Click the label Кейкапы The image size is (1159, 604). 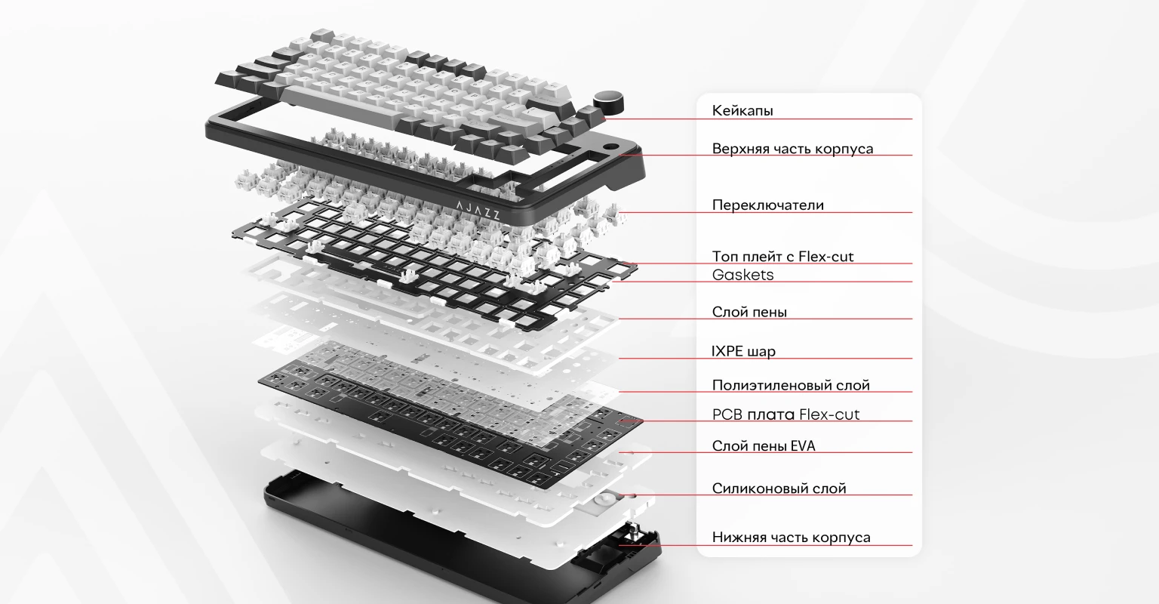click(x=742, y=110)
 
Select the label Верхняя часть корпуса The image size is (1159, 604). click(x=792, y=149)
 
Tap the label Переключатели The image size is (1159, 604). click(x=768, y=205)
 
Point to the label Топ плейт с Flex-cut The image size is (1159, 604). click(x=782, y=256)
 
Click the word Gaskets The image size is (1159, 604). click(x=742, y=275)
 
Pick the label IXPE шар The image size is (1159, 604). click(x=743, y=351)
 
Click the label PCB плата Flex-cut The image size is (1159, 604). click(x=785, y=414)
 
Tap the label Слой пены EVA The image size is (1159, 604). click(x=763, y=445)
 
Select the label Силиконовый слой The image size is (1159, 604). click(x=779, y=488)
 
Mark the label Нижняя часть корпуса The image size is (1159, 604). click(x=791, y=538)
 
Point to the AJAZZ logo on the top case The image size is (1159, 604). click(x=478, y=210)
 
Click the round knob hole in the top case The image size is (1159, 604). click(x=612, y=147)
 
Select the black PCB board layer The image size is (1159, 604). click(x=450, y=422)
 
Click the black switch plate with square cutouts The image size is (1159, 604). click(x=435, y=264)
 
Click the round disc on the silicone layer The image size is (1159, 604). click(x=604, y=500)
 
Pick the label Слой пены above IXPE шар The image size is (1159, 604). click(x=749, y=312)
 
